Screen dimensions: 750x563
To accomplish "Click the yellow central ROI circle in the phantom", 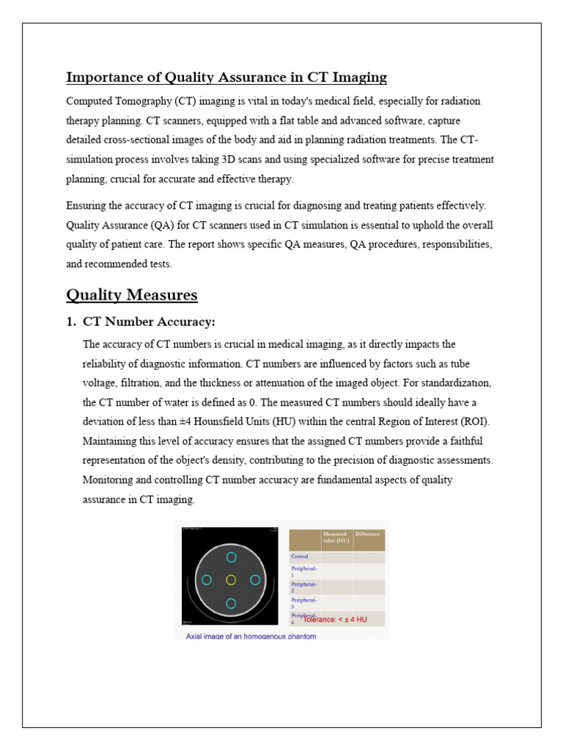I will pyautogui.click(x=231, y=580).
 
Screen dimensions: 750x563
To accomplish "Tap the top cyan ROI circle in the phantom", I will pyautogui.click(x=231, y=557).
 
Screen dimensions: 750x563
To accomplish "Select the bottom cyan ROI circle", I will pyautogui.click(x=231, y=604).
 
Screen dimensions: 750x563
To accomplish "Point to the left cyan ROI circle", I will pyautogui.click(x=207, y=580).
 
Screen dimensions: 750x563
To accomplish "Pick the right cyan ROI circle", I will pyautogui.click(x=255, y=580).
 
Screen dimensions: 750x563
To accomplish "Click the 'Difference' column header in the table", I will pyautogui.click(x=368, y=535).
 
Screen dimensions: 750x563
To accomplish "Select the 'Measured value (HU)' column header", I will pyautogui.click(x=336, y=538).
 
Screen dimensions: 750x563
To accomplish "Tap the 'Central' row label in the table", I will pyautogui.click(x=300, y=557).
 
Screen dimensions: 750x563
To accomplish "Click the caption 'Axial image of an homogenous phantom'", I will pyautogui.click(x=251, y=636).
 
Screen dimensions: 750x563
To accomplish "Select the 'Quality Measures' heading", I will pyautogui.click(x=132, y=295).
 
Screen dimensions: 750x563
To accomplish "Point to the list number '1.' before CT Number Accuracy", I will pyautogui.click(x=71, y=322).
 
